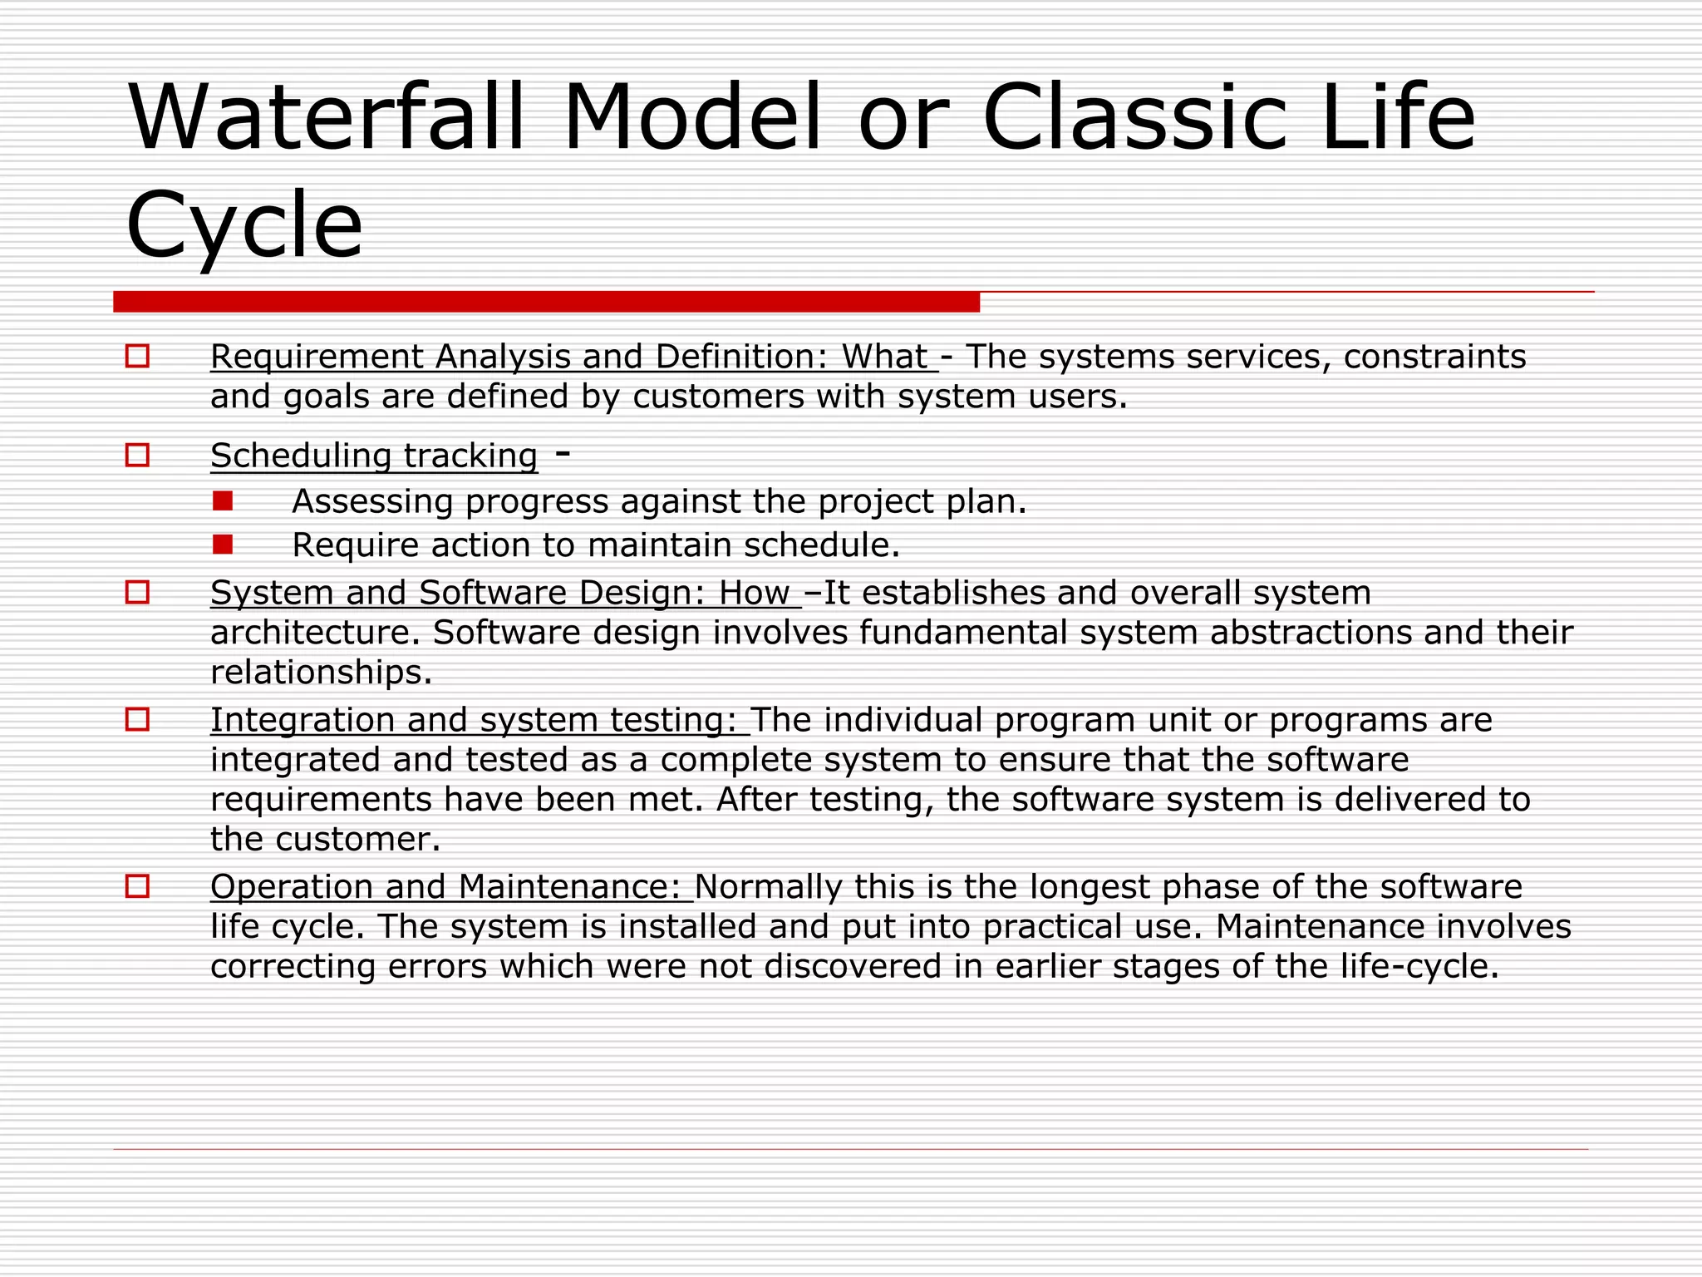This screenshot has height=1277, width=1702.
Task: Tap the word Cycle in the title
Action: tap(244, 224)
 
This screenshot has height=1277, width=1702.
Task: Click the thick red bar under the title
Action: tap(546, 301)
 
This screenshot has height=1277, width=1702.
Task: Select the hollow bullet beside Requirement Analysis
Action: tap(137, 357)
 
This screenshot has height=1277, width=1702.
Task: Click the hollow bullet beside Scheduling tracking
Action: tap(137, 455)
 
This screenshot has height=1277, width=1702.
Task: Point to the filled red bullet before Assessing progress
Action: tap(222, 500)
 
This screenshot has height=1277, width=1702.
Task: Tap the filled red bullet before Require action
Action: tap(222, 545)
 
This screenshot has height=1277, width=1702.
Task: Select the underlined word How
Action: tap(753, 593)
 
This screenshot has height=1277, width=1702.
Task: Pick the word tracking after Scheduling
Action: tap(470, 456)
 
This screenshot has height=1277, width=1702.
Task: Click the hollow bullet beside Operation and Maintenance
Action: tap(137, 886)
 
